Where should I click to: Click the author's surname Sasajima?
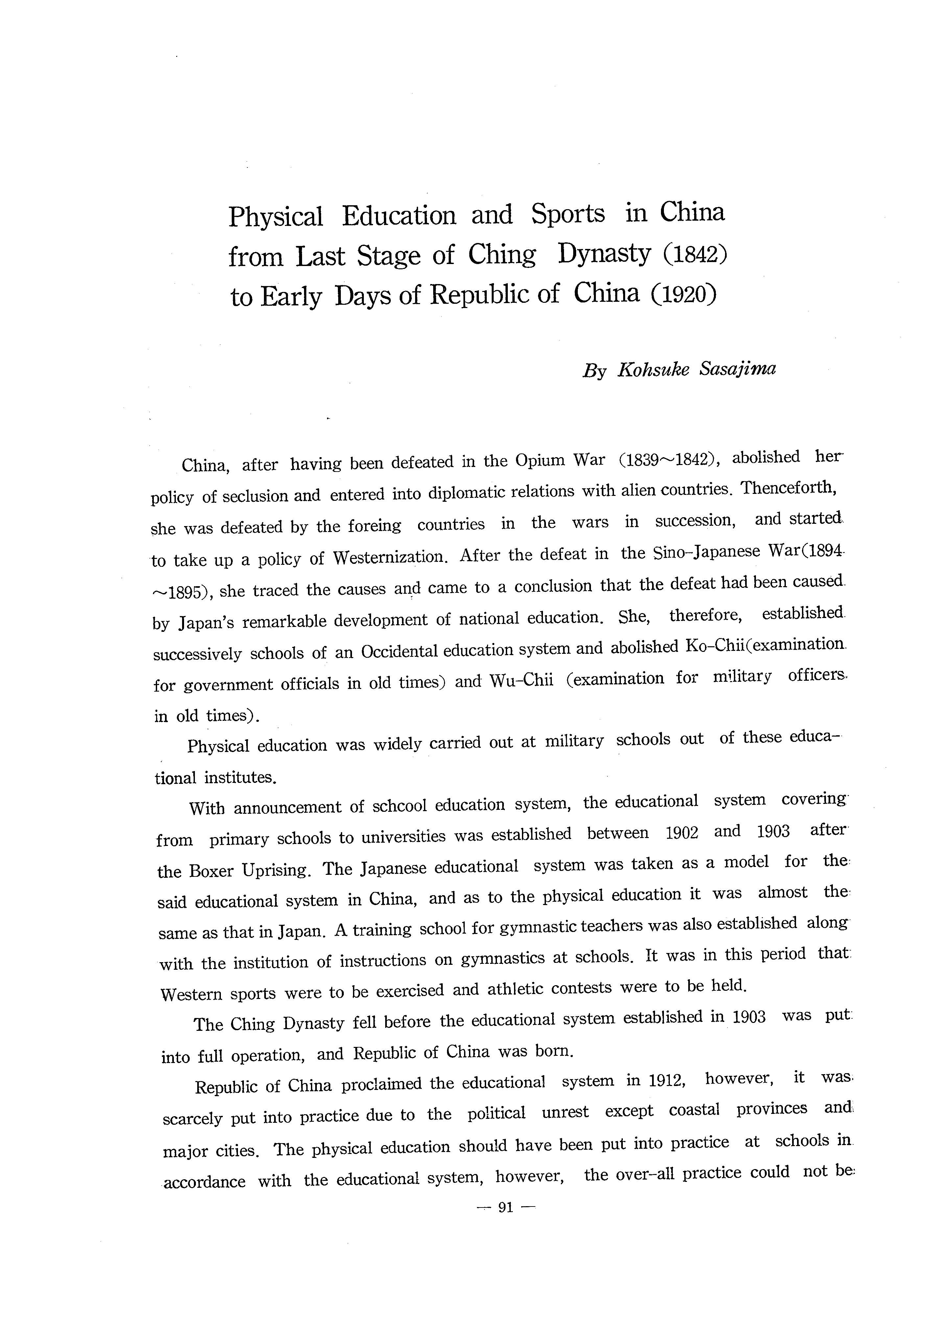(x=737, y=369)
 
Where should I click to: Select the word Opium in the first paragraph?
(x=540, y=461)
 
